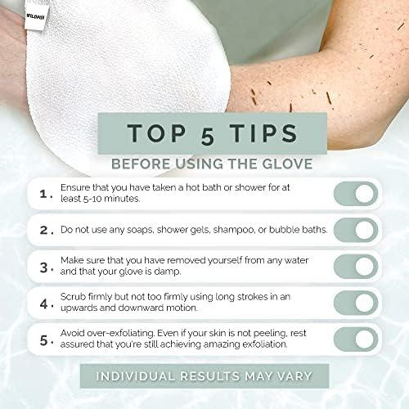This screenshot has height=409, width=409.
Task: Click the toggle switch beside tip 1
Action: tap(355, 194)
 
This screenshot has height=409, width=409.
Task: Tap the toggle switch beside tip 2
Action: tap(355, 230)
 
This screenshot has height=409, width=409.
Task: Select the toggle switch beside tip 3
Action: tap(355, 266)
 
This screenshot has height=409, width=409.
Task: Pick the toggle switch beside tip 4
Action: tap(355, 303)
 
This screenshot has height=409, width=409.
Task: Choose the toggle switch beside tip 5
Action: tap(355, 339)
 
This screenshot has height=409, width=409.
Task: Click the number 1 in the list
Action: tap(43, 195)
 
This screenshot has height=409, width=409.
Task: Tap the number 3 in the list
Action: tap(43, 267)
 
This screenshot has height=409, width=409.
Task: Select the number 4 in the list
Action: tap(43, 303)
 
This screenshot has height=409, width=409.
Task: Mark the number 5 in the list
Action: tap(43, 339)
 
